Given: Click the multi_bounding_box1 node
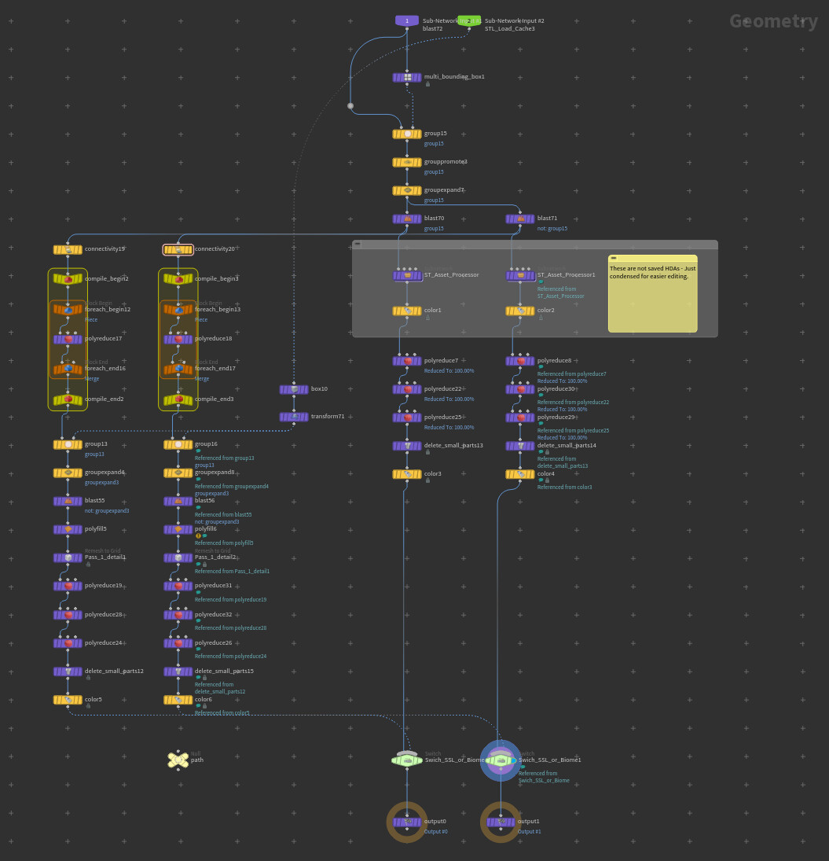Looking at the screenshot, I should pos(407,77).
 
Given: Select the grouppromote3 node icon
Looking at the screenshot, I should pos(407,162).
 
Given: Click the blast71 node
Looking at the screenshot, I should pos(520,219).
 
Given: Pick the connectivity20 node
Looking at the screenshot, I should pos(178,249).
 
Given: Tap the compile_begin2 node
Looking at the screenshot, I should pos(68,278).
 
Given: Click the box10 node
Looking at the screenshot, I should pos(294,389).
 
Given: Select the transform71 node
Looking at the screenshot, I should pos(294,417).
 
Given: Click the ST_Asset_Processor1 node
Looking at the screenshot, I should pos(520,275).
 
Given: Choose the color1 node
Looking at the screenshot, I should pos(407,311).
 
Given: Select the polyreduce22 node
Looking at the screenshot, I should pos(407,389).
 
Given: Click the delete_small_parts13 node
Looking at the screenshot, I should pos(407,446).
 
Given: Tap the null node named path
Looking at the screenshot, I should pos(178,760).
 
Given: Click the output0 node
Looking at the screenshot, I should pos(407,822).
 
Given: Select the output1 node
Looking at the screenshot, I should pos(501,822).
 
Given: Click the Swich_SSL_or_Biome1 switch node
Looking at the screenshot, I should pos(501,760).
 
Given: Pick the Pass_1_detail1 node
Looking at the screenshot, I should pos(68,557).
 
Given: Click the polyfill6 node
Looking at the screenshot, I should pos(178,529).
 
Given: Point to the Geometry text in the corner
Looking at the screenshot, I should pos(773,21).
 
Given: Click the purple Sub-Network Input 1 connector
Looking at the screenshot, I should pos(407,20).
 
